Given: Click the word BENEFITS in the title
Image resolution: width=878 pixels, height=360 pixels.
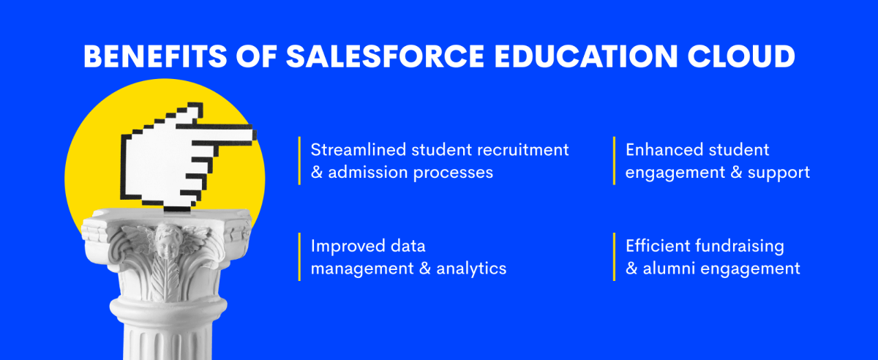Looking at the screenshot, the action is [155, 56].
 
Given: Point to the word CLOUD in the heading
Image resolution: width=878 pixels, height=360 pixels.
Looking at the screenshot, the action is [741, 56].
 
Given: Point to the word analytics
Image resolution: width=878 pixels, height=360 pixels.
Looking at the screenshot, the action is [471, 269].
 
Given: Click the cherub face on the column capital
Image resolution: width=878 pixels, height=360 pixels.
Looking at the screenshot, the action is [168, 242].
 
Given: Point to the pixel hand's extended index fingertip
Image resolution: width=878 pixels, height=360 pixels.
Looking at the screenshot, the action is [255, 135].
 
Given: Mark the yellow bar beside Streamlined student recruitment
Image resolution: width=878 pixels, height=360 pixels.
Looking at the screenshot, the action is [299, 161].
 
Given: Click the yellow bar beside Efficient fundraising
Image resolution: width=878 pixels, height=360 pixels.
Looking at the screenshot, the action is [614, 257].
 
